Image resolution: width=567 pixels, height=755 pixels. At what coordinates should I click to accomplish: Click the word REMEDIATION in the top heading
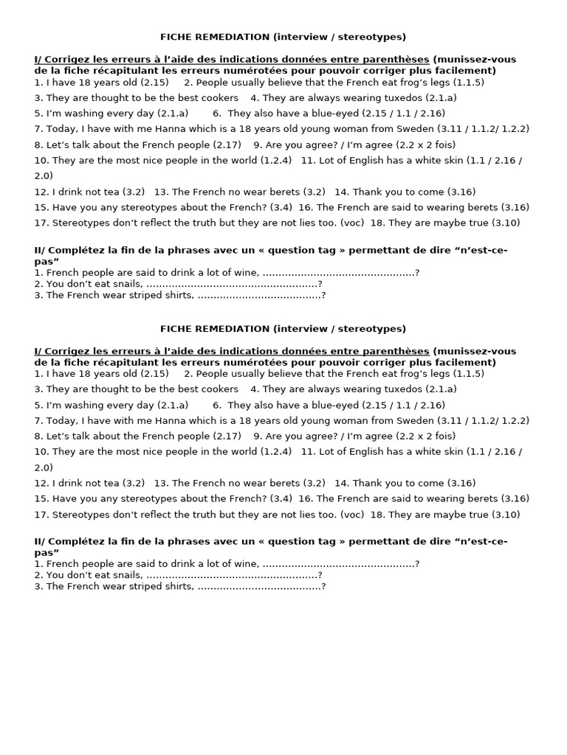tap(235, 37)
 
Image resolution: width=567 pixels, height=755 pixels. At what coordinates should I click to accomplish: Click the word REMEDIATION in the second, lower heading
tap(235, 329)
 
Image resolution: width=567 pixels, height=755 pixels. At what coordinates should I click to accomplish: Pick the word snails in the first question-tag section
tap(128, 284)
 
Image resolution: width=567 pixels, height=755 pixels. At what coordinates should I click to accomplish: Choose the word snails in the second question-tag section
tap(128, 575)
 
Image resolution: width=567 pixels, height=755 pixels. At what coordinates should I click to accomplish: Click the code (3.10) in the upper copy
tap(506, 223)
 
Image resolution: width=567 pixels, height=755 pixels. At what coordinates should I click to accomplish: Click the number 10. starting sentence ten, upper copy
tap(41, 161)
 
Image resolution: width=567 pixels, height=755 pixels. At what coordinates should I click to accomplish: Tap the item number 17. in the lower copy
tap(41, 515)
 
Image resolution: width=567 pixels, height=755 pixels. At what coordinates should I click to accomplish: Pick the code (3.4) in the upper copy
tap(281, 208)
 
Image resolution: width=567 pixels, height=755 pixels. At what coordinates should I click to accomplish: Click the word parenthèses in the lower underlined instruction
tap(397, 352)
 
